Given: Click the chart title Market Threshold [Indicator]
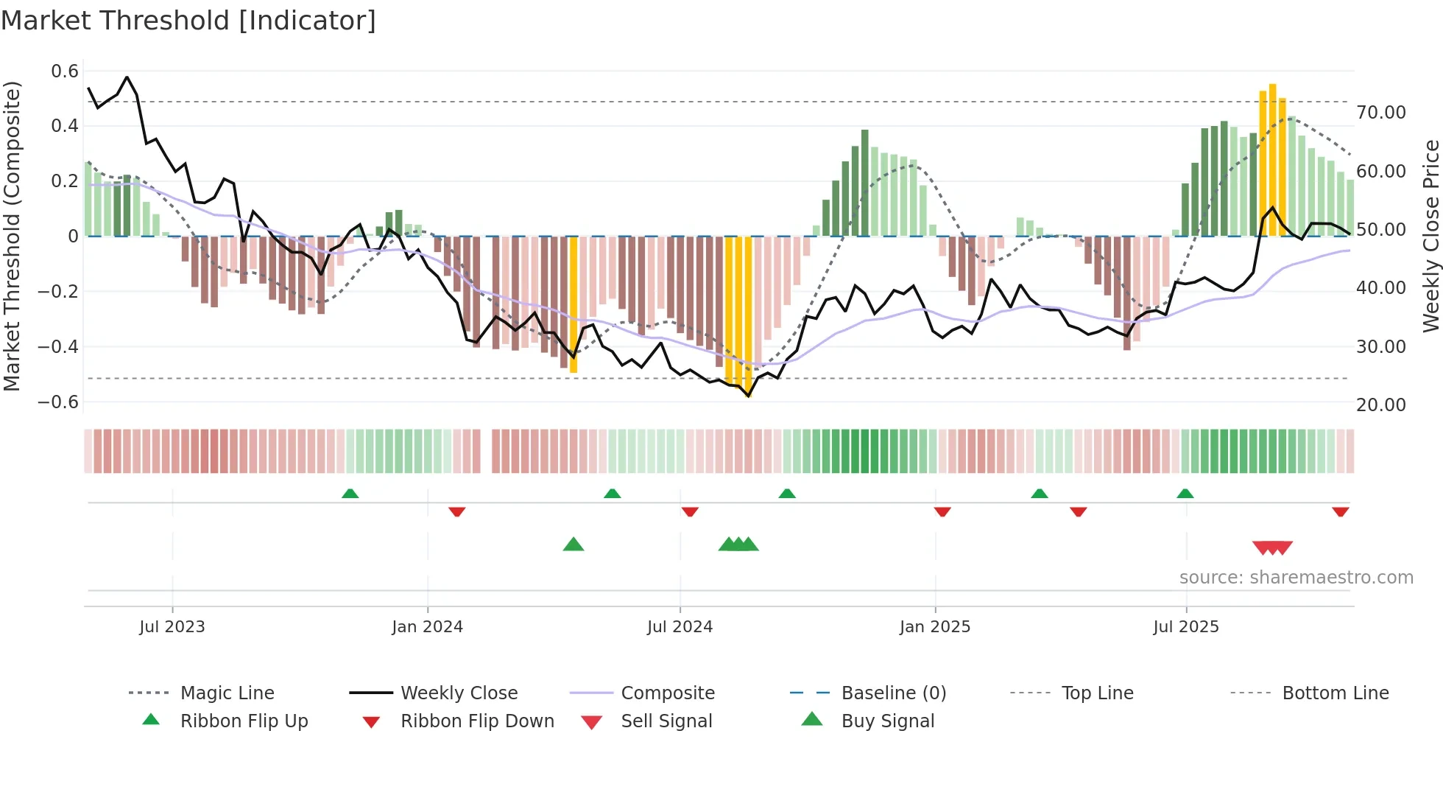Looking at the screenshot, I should coord(188,21).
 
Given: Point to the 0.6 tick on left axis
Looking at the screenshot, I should coord(65,71).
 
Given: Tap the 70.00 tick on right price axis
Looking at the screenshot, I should coord(1380,113).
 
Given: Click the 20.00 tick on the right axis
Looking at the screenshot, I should coord(1380,405).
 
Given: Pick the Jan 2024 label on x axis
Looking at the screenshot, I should coord(427,627).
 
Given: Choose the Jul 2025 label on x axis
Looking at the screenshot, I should coord(1185,627).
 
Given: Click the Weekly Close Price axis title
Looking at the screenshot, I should coord(1430,236).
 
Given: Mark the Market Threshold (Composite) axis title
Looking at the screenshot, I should coord(12,236).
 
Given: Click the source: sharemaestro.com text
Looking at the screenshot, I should coord(1296,578).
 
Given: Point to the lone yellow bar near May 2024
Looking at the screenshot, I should coord(574,304).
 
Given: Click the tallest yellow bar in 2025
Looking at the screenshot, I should coord(1272,158).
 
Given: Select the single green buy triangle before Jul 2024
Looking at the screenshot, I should coord(574,545).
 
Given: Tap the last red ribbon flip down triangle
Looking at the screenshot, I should coord(1340,511).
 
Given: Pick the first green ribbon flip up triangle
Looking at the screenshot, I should coord(350,494).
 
